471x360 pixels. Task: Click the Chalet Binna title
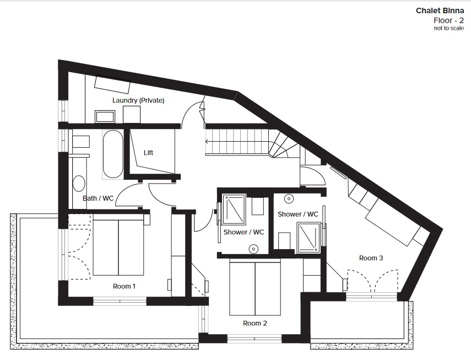coord(440,11)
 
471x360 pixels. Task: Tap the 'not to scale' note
coord(449,28)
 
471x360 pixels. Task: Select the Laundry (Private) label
coord(138,100)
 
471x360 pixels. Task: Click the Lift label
coord(148,153)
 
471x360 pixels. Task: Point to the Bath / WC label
coord(98,198)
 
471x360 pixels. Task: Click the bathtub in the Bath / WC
coord(112,154)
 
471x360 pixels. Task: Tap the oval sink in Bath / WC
coord(79,184)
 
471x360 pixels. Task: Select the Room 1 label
coord(124,286)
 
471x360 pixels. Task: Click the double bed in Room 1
coord(118,248)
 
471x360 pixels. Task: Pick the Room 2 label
coord(255,324)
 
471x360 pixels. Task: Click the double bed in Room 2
coord(255,288)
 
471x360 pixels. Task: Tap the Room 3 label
coord(371,258)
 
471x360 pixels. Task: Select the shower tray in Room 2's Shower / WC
coord(234,209)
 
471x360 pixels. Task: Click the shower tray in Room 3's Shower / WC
coord(308,237)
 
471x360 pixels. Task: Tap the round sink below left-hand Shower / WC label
coord(254,249)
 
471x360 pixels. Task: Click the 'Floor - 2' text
coord(449,20)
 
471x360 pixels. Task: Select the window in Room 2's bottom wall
coord(255,338)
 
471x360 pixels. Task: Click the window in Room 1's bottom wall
coord(120,301)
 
